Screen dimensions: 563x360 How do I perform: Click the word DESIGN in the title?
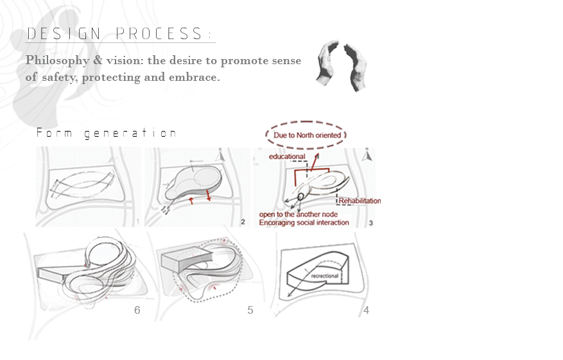[x=64, y=34]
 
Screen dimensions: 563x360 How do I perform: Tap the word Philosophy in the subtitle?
[x=57, y=61]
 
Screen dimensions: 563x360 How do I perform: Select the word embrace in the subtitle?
[x=195, y=77]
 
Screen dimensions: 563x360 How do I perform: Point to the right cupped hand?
[x=356, y=67]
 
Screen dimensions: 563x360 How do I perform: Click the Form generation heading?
[x=107, y=133]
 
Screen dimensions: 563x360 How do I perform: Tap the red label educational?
[x=287, y=157]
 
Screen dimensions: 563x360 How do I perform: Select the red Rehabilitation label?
[x=359, y=201]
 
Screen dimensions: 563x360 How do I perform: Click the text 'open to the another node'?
[x=299, y=214]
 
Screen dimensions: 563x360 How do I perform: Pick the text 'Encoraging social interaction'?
[x=304, y=223]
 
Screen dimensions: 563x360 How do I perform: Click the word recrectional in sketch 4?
[x=325, y=276]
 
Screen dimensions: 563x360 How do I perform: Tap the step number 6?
[x=137, y=310]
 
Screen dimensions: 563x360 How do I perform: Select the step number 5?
[x=250, y=310]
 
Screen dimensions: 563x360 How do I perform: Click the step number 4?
[x=366, y=310]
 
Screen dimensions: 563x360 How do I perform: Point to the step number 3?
[x=371, y=223]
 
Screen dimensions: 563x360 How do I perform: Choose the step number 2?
[x=243, y=222]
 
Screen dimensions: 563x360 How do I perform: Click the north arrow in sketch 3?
[x=367, y=155]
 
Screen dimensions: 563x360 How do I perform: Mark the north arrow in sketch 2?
[x=221, y=157]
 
